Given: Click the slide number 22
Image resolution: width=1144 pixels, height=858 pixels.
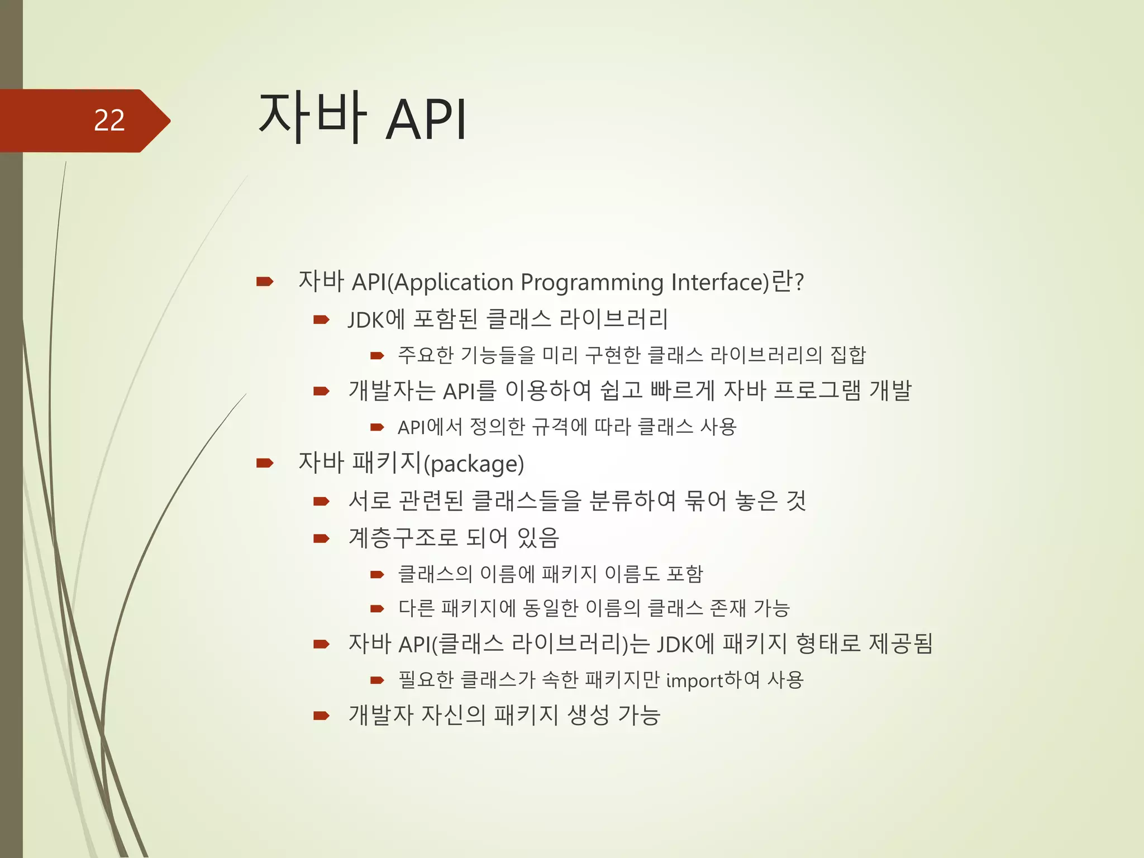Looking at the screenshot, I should pos(109,121).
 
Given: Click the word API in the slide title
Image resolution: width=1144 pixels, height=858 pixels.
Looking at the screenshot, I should pos(426,120).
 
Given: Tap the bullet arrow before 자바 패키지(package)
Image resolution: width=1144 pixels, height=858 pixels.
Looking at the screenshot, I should pos(264,463).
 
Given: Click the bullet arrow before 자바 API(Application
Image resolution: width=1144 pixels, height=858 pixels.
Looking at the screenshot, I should pos(264,282).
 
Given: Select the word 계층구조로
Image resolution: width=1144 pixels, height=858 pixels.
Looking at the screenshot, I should pos(403,538).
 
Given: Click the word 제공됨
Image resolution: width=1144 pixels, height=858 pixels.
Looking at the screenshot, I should pos(900,644).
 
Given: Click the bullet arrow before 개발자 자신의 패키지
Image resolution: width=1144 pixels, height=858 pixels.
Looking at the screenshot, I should pos(321,716).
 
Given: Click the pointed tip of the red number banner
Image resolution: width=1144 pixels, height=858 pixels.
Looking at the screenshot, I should pos(169,121).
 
